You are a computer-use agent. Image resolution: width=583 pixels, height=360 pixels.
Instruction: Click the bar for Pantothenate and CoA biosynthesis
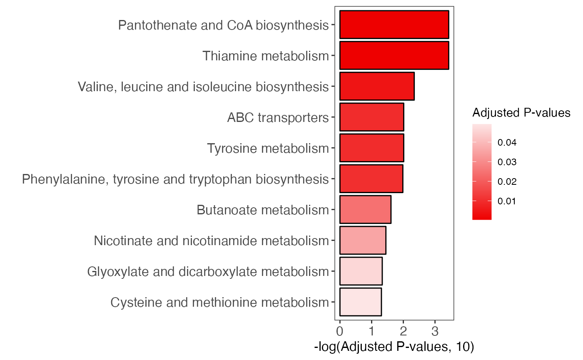(x=394, y=25)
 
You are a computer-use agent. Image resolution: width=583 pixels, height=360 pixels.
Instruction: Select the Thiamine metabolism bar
(x=394, y=55)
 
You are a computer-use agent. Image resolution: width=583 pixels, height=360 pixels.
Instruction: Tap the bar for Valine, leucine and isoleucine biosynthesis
(x=377, y=86)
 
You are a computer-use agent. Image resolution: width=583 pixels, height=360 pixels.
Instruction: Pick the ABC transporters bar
(x=371, y=117)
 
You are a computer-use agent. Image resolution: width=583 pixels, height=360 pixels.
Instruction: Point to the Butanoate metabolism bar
(x=365, y=209)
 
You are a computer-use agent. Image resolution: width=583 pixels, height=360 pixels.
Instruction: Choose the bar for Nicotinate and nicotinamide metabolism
(x=363, y=240)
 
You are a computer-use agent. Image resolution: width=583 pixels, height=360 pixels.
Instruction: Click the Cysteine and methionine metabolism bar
(x=361, y=302)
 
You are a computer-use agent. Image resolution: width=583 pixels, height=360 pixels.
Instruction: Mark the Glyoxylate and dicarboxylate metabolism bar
(x=361, y=271)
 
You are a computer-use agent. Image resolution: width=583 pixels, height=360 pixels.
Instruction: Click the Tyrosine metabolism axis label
(x=268, y=148)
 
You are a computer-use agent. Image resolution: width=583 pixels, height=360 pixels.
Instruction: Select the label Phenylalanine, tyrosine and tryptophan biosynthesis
(x=175, y=179)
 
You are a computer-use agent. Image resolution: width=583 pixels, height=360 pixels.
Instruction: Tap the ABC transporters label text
(x=278, y=117)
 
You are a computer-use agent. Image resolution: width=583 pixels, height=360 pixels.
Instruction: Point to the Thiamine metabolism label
(x=266, y=56)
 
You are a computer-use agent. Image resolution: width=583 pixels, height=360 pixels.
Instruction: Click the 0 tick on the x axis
(x=340, y=332)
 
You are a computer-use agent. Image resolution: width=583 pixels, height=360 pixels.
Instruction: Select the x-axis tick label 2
(x=403, y=332)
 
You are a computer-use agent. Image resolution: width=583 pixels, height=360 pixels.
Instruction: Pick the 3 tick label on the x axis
(x=435, y=332)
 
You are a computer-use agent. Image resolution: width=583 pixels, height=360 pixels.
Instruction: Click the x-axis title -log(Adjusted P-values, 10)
(x=394, y=347)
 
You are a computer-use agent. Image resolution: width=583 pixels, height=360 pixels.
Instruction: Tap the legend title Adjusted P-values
(x=521, y=112)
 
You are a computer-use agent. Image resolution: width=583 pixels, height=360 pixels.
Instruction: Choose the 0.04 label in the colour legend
(x=507, y=143)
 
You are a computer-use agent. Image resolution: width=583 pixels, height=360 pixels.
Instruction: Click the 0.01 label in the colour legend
(x=507, y=201)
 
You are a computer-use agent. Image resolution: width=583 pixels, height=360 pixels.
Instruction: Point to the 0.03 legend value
(x=507, y=162)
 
